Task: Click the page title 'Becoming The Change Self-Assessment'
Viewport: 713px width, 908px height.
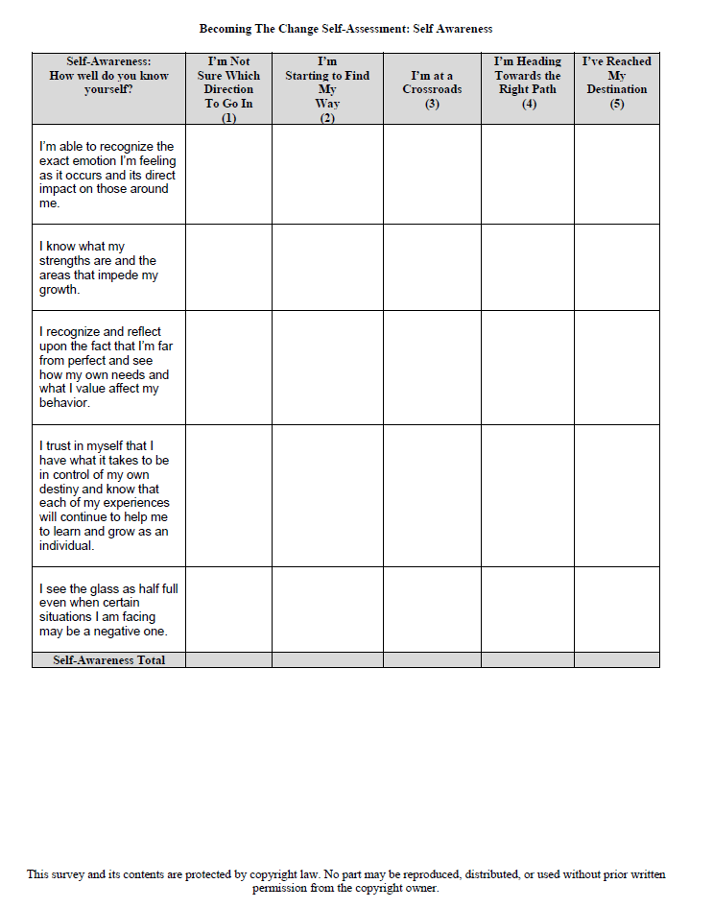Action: (x=345, y=29)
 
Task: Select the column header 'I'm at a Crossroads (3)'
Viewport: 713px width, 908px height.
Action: (x=432, y=89)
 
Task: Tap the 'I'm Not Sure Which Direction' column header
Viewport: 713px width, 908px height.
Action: (x=228, y=89)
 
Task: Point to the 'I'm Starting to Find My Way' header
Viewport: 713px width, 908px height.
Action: (x=327, y=89)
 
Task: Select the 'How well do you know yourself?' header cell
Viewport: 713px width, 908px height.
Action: (x=108, y=75)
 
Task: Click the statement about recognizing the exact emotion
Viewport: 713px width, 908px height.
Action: (x=107, y=175)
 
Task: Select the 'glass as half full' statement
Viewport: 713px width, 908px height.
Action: (x=107, y=609)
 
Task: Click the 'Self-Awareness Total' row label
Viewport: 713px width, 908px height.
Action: (x=108, y=660)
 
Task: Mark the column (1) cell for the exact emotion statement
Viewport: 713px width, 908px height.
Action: (x=228, y=175)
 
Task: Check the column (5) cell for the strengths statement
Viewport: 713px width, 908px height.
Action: (x=616, y=268)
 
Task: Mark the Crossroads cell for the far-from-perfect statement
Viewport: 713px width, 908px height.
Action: (x=432, y=368)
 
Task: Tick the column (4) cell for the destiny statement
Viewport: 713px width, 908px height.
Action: (x=528, y=495)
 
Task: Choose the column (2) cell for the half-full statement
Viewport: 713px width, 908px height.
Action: (x=327, y=609)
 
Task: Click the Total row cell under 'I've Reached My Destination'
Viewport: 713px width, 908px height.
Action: (x=616, y=660)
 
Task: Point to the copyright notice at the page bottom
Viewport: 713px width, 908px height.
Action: (x=345, y=881)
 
